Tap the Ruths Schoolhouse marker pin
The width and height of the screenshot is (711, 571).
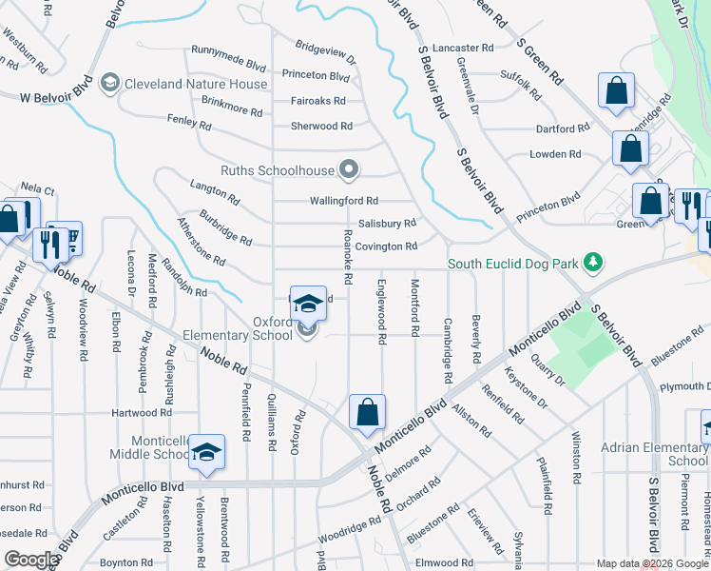(350, 171)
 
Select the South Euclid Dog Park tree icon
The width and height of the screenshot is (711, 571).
(592, 261)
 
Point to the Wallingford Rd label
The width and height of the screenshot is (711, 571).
(344, 201)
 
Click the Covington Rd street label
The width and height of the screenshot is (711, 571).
(387, 246)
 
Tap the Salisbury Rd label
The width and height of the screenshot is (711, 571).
(386, 224)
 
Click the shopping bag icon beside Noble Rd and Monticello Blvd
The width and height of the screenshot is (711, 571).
(367, 412)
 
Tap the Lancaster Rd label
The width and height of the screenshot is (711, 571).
(463, 48)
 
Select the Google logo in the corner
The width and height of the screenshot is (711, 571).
(30, 560)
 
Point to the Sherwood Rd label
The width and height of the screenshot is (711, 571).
(321, 126)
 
